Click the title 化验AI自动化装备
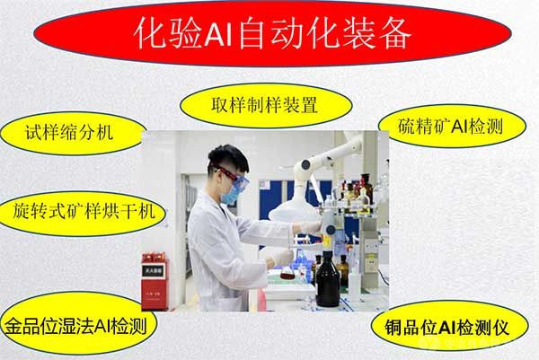272,33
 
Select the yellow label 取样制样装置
266,105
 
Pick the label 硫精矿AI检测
451,126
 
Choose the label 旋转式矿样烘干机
83,211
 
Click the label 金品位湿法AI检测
76,325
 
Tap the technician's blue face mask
230,194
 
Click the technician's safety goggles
234,179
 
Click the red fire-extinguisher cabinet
155,282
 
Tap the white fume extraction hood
294,209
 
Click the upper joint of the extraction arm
305,165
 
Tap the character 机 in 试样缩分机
105,133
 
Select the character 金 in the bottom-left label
13,326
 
